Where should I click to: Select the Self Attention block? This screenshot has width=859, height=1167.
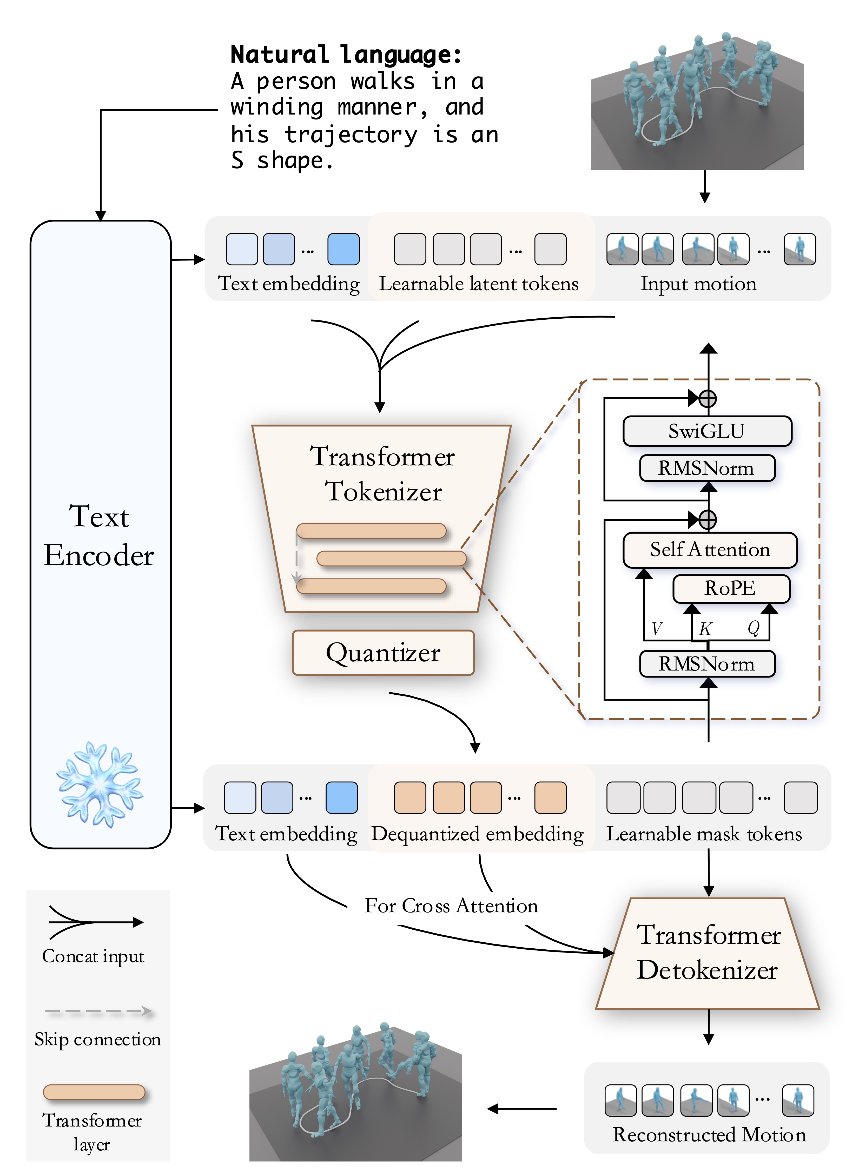tap(710, 550)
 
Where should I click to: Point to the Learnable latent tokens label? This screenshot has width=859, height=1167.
tap(478, 284)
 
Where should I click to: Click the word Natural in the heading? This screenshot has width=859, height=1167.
tap(279, 55)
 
